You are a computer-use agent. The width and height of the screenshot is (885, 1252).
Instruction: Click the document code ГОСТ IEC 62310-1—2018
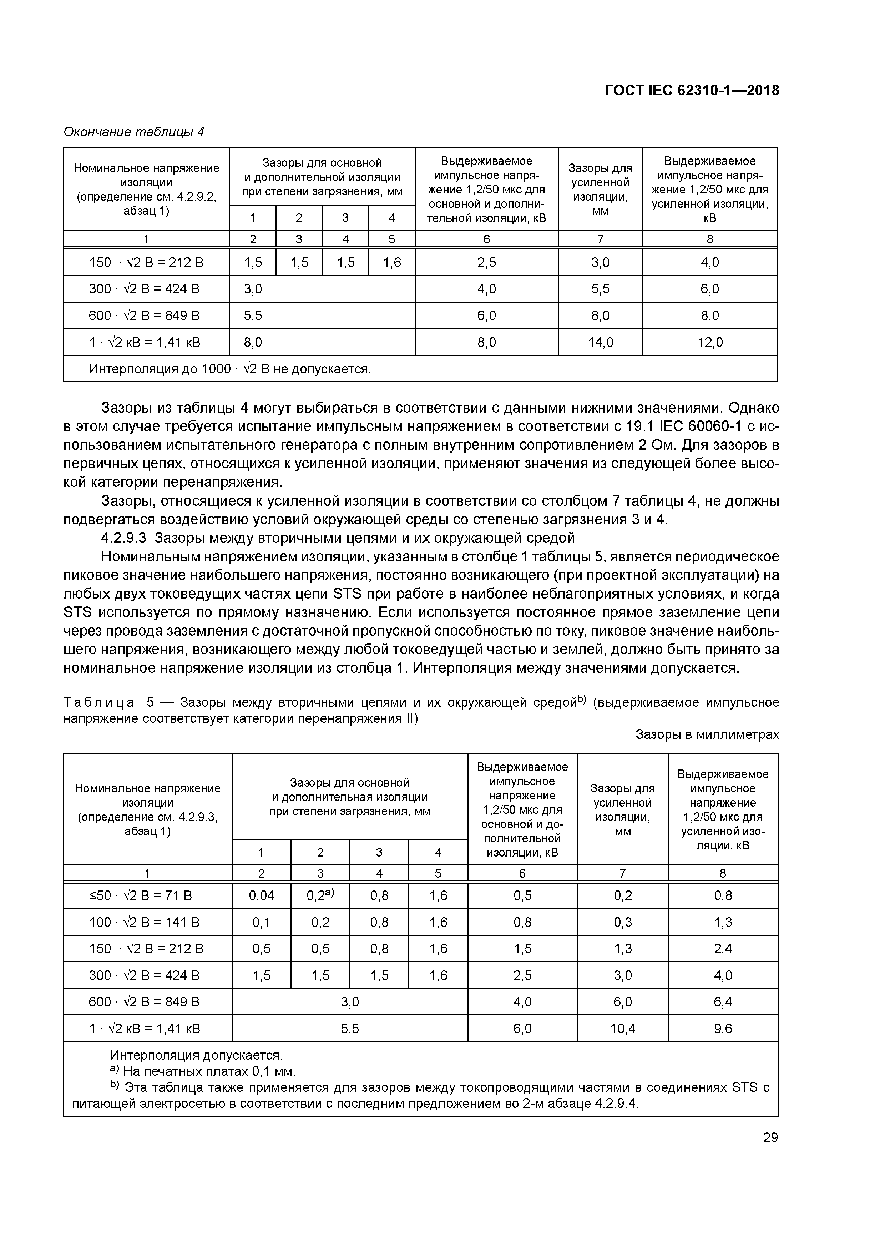[x=692, y=91]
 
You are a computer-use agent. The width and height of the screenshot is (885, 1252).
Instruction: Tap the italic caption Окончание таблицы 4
[x=133, y=132]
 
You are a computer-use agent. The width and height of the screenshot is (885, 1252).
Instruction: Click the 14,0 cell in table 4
[x=600, y=343]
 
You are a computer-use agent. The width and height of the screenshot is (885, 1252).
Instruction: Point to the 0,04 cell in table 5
[x=261, y=895]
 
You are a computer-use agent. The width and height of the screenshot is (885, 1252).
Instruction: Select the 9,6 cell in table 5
[x=723, y=1029]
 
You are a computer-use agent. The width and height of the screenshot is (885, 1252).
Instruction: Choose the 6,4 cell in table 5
[x=723, y=1002]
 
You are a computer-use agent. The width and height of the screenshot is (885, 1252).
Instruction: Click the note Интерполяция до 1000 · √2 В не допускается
[x=229, y=369]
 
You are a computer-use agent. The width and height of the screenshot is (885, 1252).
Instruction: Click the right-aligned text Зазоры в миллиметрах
[x=707, y=734]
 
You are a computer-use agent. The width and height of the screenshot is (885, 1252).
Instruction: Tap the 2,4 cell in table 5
[x=723, y=949]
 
